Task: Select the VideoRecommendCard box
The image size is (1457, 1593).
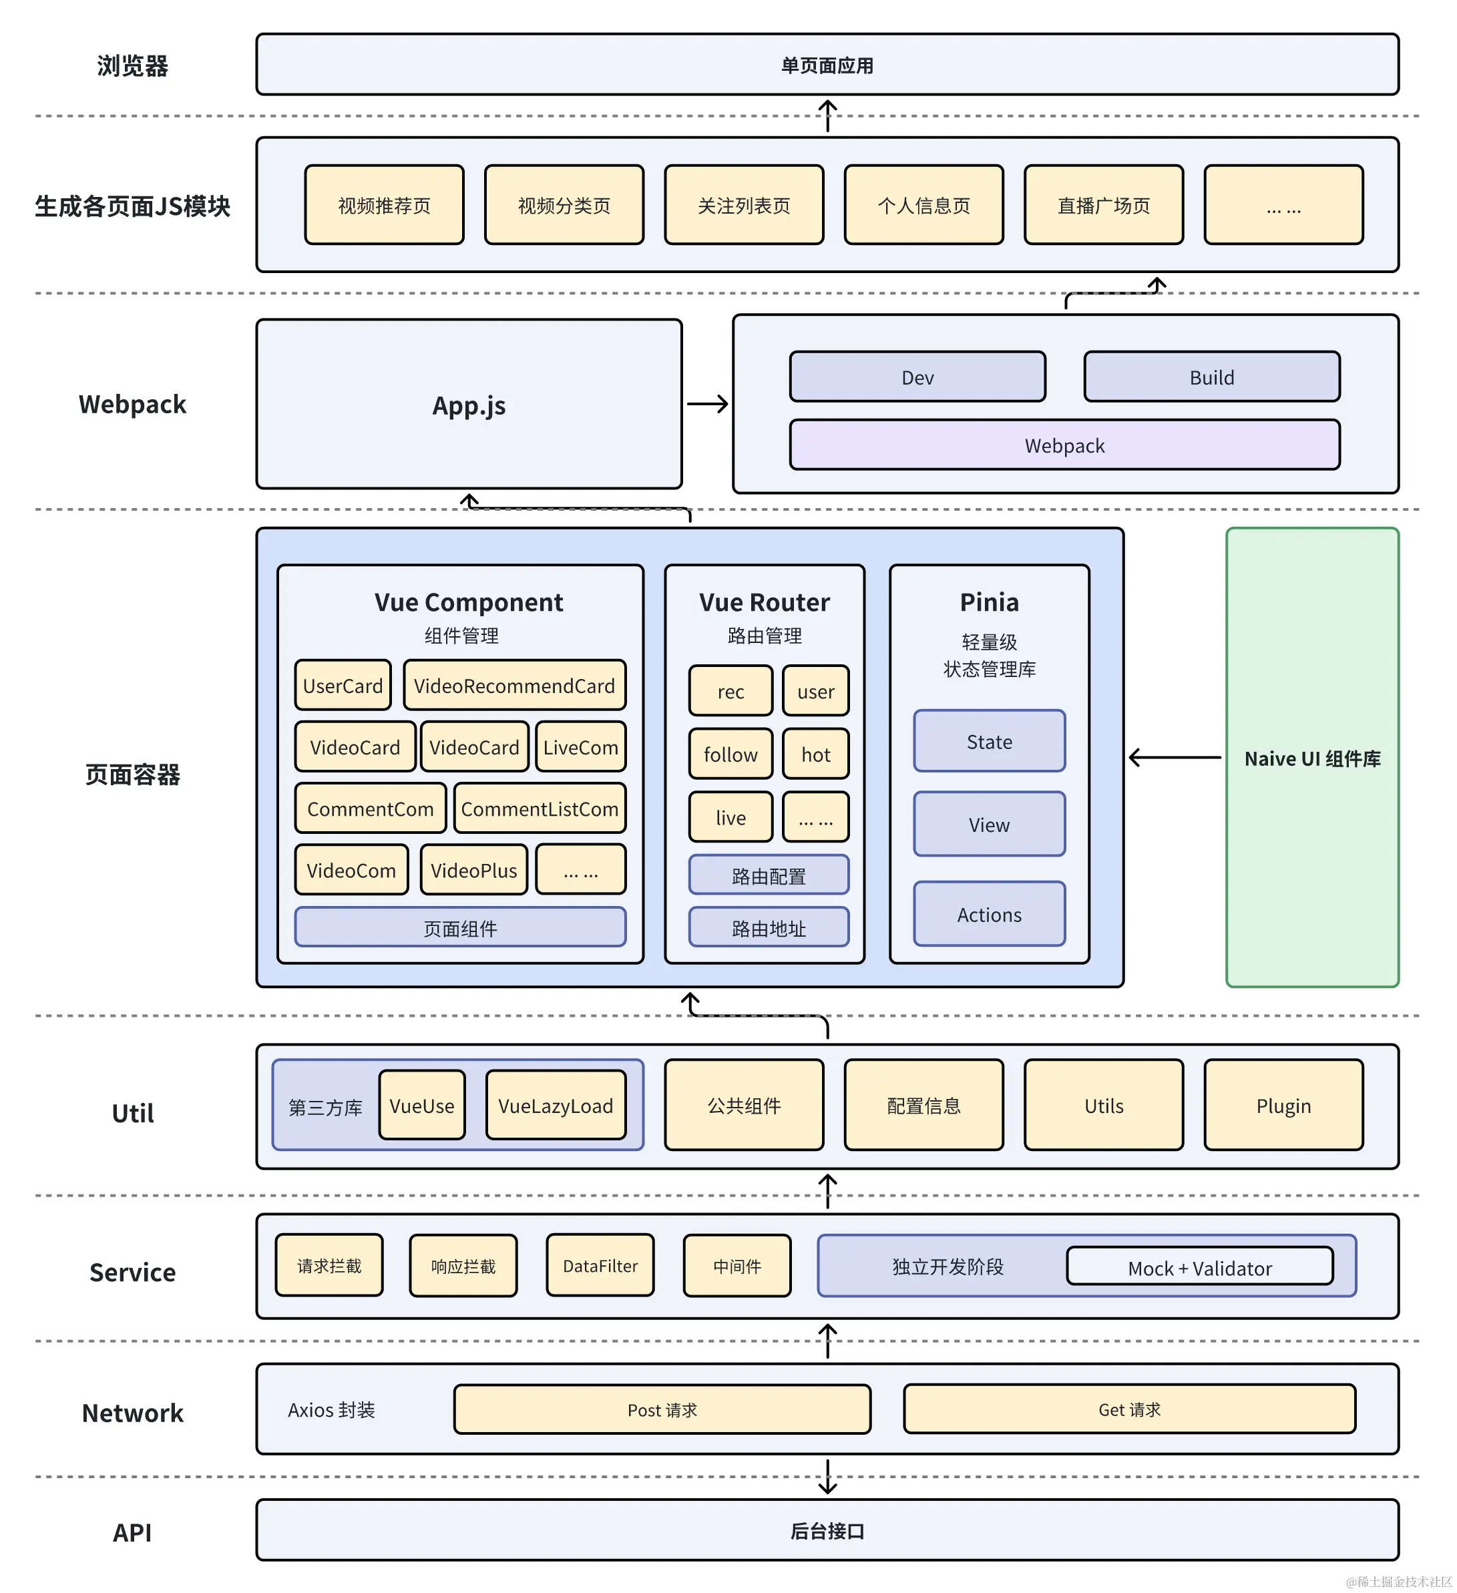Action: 514,685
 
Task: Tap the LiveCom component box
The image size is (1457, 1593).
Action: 581,746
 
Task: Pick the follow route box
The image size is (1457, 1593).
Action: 730,754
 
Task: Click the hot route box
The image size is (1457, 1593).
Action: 815,754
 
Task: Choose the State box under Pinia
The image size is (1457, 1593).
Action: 989,741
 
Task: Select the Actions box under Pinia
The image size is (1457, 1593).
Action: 989,914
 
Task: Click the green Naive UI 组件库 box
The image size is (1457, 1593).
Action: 1312,758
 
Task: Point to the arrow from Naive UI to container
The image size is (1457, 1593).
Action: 1175,758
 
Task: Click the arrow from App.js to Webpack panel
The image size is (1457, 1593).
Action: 707,404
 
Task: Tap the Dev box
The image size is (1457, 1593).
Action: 917,377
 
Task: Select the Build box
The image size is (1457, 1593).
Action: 1211,377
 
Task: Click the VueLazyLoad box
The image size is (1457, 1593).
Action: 556,1106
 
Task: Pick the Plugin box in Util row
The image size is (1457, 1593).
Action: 1283,1106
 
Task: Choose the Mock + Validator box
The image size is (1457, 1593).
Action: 1199,1267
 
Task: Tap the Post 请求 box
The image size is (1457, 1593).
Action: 662,1409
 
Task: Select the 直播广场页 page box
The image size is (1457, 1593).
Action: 1104,206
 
